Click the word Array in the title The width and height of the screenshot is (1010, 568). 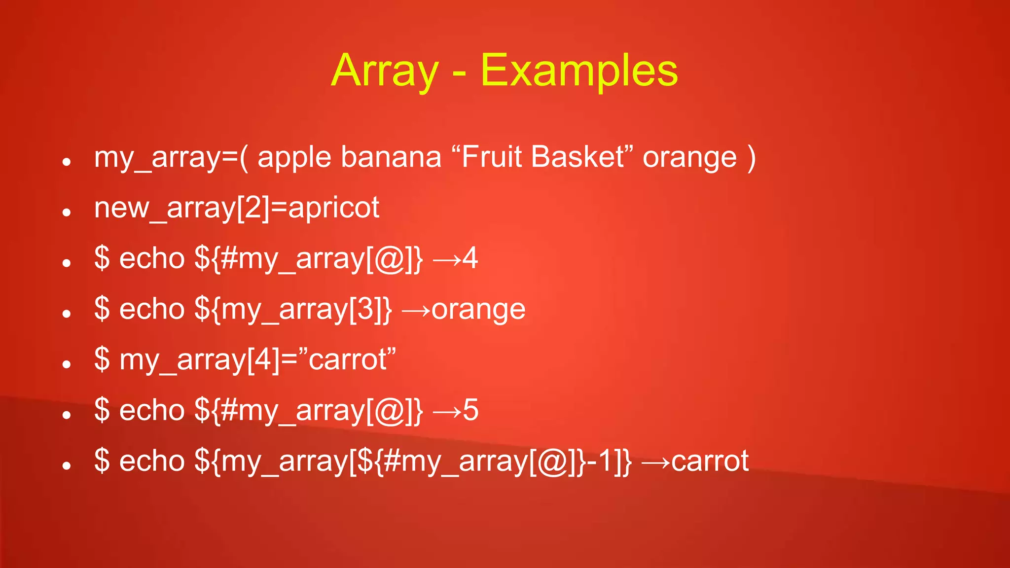click(385, 71)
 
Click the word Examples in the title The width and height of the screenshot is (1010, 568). click(579, 71)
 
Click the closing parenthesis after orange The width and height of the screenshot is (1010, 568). click(751, 158)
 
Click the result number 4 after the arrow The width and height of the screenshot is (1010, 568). click(470, 258)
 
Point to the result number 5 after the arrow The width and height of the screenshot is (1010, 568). click(470, 410)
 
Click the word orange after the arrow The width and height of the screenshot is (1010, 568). click(478, 310)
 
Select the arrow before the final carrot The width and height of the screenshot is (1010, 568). click(656, 462)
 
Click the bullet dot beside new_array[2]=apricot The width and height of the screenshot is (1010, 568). click(67, 212)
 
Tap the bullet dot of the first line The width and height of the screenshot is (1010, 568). click(67, 162)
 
